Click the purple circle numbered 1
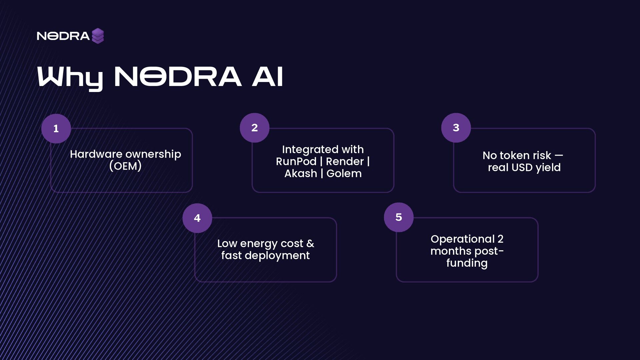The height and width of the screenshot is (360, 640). [x=56, y=129]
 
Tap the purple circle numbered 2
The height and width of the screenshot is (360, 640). [x=254, y=128]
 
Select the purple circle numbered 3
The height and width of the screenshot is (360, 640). [x=456, y=128]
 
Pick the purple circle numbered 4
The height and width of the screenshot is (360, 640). [x=197, y=218]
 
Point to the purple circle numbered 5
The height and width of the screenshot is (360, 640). [x=399, y=217]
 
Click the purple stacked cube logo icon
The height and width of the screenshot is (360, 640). [x=98, y=36]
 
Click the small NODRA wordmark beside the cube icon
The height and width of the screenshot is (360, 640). [x=63, y=36]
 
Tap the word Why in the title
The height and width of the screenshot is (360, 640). [x=70, y=77]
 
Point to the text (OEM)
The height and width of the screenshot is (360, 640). [x=125, y=166]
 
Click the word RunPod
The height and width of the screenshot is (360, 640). [x=296, y=162]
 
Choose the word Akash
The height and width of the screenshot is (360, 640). [x=301, y=174]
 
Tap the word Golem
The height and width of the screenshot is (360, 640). [x=344, y=174]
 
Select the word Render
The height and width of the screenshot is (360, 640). [x=345, y=162]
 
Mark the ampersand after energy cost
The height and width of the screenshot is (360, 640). [x=310, y=244]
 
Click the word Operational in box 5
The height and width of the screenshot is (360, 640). [x=462, y=239]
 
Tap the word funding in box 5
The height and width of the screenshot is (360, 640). [x=467, y=263]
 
